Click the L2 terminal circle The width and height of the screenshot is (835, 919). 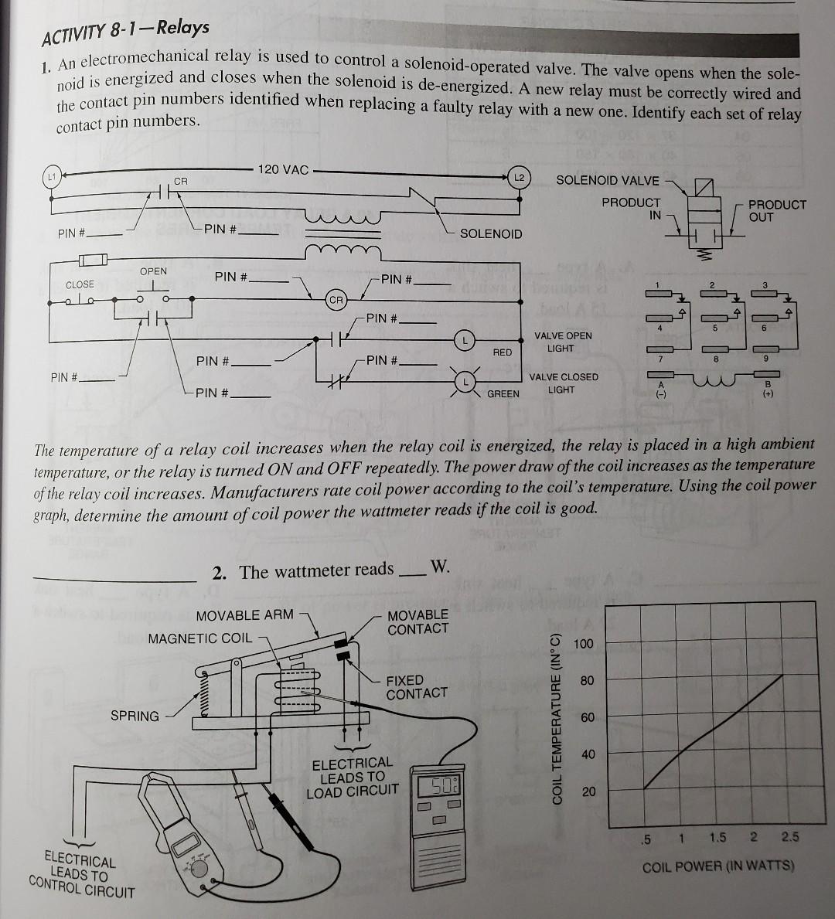[x=520, y=178]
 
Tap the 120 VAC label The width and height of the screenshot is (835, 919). [x=283, y=169]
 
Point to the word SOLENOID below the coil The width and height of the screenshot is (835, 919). [x=491, y=233]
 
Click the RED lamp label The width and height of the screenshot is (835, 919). [x=503, y=352]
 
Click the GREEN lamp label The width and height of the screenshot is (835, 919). [x=503, y=393]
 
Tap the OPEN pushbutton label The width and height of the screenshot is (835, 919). [x=153, y=271]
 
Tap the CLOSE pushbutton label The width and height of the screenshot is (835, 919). [x=80, y=284]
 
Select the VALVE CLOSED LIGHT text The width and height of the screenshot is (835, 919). [x=563, y=383]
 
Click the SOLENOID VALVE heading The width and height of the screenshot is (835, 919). [x=608, y=181]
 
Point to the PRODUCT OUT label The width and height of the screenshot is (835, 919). [x=777, y=210]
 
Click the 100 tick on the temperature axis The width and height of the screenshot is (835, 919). [x=584, y=644]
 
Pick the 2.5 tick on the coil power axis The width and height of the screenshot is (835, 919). [x=790, y=837]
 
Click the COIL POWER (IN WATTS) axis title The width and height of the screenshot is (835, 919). [x=718, y=866]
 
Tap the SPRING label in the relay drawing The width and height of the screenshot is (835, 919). [x=135, y=716]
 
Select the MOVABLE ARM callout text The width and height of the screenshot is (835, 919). [x=244, y=615]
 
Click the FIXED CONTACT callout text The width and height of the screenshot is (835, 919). [x=417, y=686]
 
